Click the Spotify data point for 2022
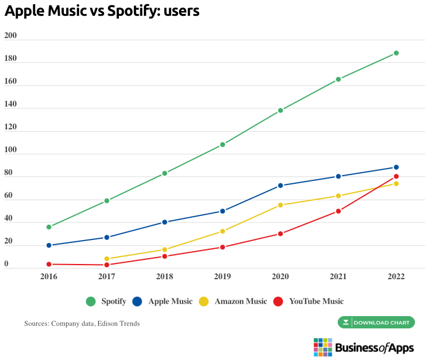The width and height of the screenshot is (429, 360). pos(396,53)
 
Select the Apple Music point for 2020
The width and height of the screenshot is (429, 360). pos(280,186)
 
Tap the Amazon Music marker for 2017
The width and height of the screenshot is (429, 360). pos(107,259)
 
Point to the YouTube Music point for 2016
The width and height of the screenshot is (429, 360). pos(49,265)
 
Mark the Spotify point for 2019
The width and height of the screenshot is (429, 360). pos(222,145)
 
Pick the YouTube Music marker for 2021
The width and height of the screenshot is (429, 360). pos(338,211)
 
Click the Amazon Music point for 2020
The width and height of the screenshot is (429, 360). pos(280,205)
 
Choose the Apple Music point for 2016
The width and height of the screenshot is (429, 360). pos(49,245)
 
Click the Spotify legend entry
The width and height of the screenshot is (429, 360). pos(106,301)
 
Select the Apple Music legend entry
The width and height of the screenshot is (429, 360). pos(162,301)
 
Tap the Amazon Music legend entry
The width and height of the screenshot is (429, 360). pos(232,301)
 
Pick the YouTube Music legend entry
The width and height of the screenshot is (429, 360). pos(308,301)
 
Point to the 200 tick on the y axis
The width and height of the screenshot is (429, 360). pos(11,36)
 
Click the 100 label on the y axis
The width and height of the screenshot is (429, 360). pos(11,150)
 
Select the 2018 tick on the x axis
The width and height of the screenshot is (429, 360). pos(164,277)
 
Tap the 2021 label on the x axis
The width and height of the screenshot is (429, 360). pos(338,277)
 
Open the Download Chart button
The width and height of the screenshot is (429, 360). pos(376,323)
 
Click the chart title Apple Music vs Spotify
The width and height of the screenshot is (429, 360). pos(102,11)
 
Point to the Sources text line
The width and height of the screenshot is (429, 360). pos(82,323)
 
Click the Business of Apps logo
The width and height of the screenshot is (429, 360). pos(363,347)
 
